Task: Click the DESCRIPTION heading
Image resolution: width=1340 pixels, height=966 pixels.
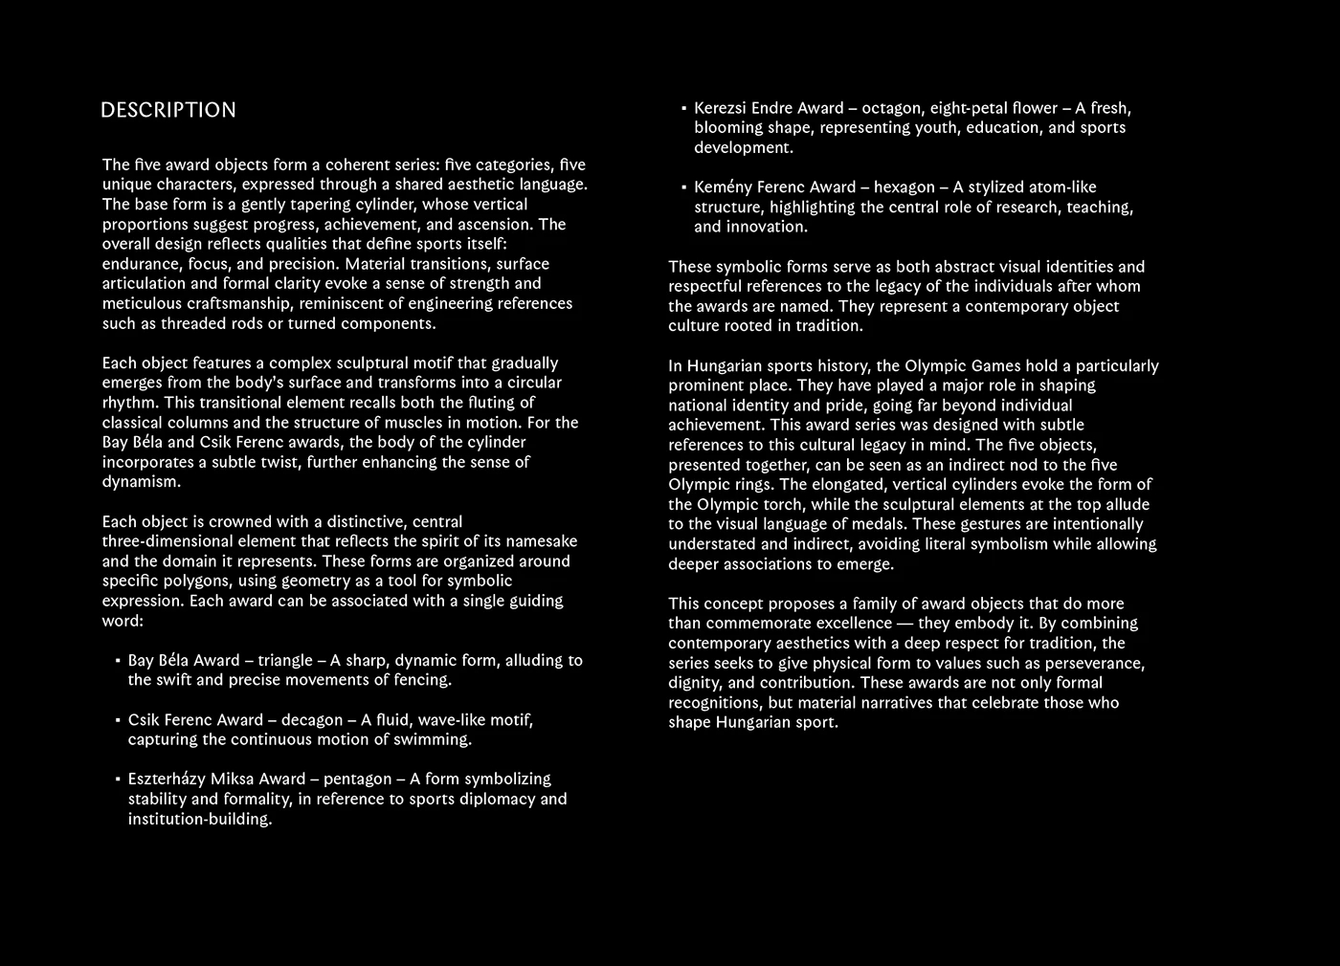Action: click(168, 110)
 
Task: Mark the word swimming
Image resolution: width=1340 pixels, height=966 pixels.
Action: click(436, 740)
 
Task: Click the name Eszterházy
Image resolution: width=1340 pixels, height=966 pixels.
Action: click(167, 779)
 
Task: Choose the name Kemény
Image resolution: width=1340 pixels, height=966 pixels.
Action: click(724, 187)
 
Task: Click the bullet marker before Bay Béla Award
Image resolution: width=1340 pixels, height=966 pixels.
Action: click(117, 661)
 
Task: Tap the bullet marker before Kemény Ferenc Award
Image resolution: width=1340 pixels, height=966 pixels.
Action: click(683, 187)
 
